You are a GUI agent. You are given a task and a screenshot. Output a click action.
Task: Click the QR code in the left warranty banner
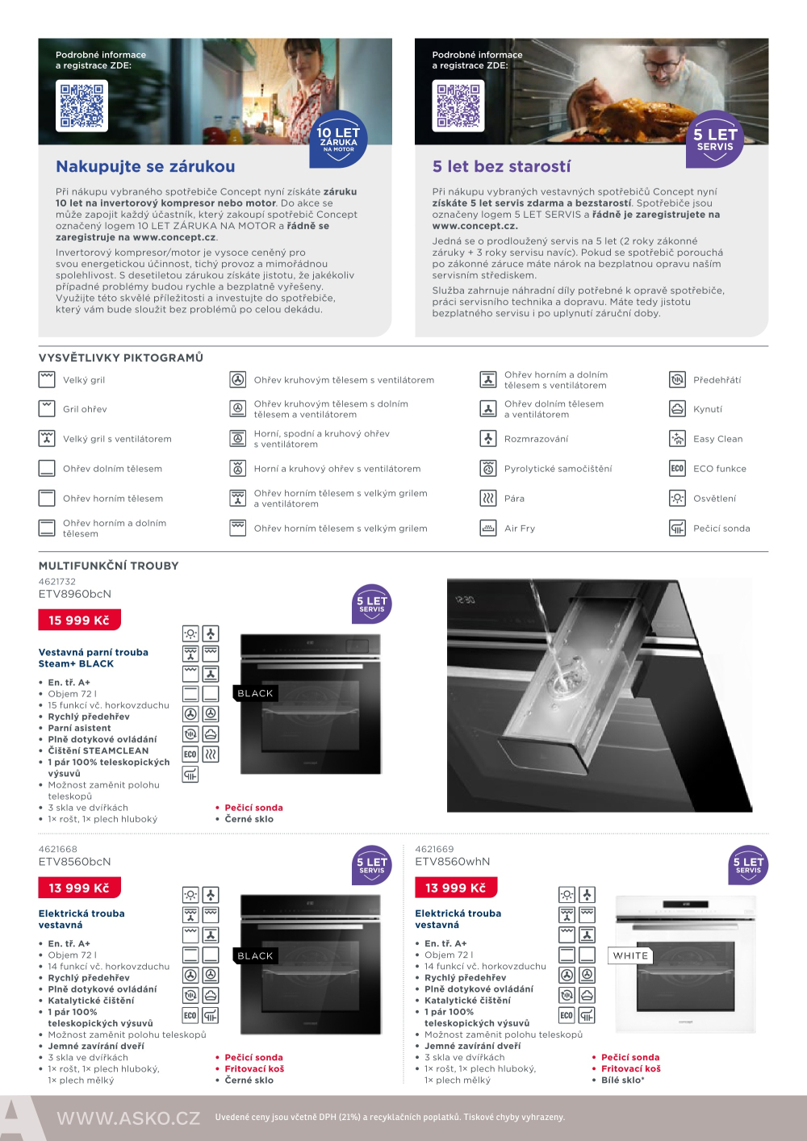(x=82, y=106)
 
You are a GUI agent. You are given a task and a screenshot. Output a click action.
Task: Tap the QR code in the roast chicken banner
(x=458, y=106)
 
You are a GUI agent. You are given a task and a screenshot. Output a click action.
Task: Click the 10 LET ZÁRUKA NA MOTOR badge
(x=339, y=139)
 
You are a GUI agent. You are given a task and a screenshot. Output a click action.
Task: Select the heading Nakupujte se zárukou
(x=145, y=167)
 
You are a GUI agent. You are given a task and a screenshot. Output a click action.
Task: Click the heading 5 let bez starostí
(x=501, y=167)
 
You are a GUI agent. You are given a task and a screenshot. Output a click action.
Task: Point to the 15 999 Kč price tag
(x=79, y=620)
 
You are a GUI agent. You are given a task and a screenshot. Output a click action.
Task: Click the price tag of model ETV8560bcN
(x=79, y=888)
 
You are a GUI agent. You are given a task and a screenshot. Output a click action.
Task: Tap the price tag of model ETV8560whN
(x=456, y=888)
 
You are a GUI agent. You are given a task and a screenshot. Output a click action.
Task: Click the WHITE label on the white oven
(x=630, y=955)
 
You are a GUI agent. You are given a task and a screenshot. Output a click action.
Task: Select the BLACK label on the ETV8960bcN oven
(x=255, y=693)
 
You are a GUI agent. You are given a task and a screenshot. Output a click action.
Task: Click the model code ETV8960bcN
(x=75, y=594)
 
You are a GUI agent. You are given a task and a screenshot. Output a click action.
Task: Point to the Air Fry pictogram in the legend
(x=488, y=529)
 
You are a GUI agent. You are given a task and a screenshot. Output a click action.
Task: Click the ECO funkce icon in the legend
(x=677, y=469)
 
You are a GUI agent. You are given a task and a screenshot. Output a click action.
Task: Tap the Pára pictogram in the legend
(x=488, y=499)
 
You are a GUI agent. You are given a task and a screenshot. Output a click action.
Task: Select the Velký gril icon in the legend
(x=47, y=380)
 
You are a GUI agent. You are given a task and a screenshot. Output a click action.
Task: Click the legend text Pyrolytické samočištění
(x=558, y=469)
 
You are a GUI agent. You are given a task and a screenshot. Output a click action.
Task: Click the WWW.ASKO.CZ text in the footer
(x=128, y=1118)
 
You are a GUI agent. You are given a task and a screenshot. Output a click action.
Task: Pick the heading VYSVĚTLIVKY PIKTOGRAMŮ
(x=121, y=357)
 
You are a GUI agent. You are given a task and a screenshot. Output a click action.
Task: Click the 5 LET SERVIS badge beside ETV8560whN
(x=748, y=865)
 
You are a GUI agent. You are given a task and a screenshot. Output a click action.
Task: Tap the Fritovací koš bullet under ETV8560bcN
(x=254, y=1068)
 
